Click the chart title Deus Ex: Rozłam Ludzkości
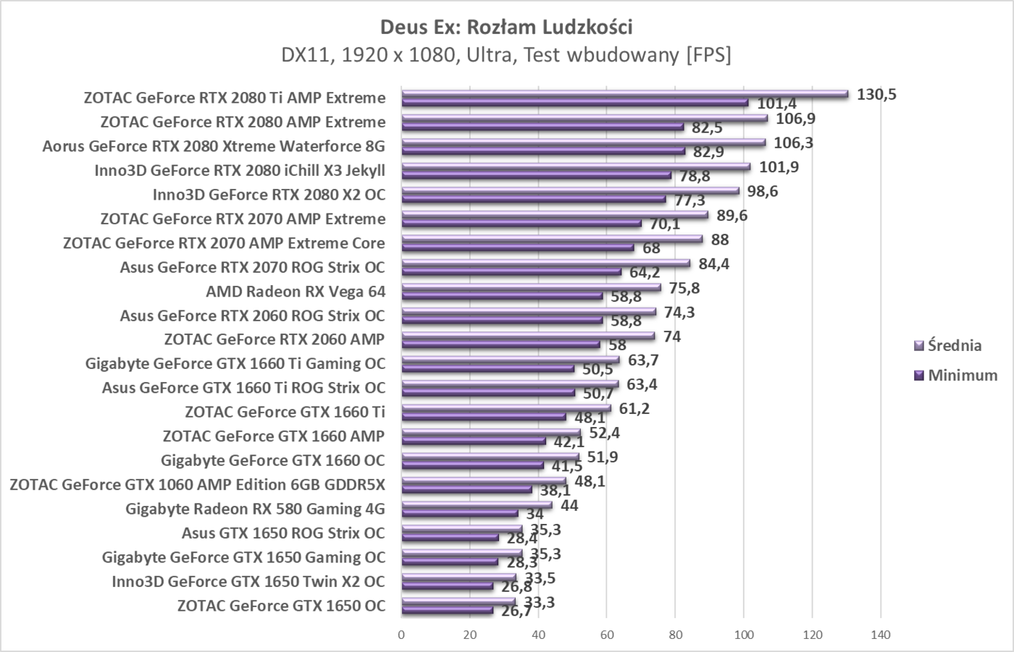tap(506, 27)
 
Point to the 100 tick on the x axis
tap(744, 635)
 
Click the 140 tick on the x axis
tap(881, 635)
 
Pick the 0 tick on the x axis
tap(401, 635)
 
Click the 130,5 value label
tap(876, 95)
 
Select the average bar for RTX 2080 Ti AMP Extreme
tap(624, 94)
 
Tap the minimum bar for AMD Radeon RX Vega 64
tap(502, 296)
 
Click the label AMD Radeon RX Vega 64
tap(296, 292)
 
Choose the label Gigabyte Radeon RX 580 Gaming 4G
tap(255, 509)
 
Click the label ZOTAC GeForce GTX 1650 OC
tap(281, 606)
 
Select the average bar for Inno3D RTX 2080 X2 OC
tap(570, 191)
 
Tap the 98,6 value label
tap(763, 192)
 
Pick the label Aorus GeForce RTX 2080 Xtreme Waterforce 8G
tap(214, 146)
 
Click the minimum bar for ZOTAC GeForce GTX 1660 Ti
tap(483, 417)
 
